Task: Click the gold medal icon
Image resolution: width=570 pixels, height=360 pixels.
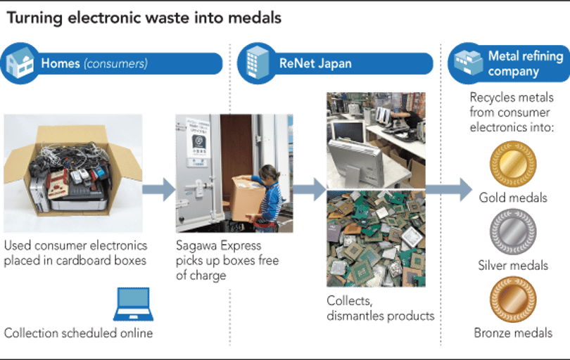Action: pos(513,165)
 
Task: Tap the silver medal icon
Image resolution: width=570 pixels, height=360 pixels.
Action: pos(513,231)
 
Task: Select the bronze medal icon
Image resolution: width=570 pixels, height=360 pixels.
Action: pos(513,300)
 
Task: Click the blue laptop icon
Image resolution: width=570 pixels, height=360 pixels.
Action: pos(133,304)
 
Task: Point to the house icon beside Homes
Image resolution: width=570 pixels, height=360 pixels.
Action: pos(20,63)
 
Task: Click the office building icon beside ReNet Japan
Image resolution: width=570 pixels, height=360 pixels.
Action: pos(257,63)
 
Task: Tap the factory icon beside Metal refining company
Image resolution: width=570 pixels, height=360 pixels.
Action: pos(468,62)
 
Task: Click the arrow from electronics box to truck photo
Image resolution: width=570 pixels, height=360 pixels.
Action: pos(159,189)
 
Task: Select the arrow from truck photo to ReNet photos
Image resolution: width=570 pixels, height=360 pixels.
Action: pos(310,189)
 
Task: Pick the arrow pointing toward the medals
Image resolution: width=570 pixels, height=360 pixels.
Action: pos(448,189)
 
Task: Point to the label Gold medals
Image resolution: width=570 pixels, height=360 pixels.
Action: pos(513,198)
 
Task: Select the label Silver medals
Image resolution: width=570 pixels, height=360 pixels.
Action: pos(513,265)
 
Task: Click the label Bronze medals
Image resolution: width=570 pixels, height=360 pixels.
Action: pos(513,333)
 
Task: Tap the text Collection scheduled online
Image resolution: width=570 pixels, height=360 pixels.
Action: pos(79,333)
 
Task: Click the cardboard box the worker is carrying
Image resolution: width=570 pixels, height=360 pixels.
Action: pos(248,198)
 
